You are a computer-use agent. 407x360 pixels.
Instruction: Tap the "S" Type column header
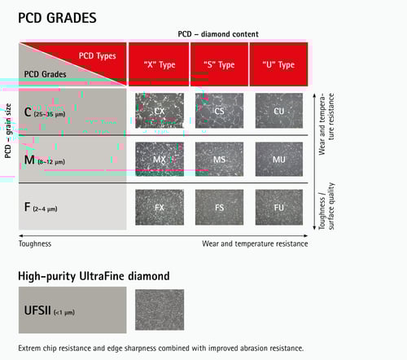[x=219, y=64]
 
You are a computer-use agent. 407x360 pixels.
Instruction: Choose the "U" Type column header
[x=279, y=64]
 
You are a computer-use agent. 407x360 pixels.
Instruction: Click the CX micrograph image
[x=160, y=110]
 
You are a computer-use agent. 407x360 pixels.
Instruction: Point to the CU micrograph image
[x=279, y=110]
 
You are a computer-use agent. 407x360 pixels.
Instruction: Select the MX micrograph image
[x=160, y=159]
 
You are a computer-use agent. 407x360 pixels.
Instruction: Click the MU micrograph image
[x=279, y=159]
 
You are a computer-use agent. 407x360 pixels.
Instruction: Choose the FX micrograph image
[x=160, y=207]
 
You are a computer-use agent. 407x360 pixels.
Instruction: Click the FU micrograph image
[x=279, y=207]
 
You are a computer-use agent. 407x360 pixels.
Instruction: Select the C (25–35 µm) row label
[x=49, y=111]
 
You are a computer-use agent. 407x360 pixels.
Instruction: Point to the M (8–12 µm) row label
[x=49, y=160]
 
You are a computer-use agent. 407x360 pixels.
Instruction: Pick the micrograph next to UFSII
[x=160, y=313]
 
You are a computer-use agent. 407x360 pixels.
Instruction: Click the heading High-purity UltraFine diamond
[x=94, y=276]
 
